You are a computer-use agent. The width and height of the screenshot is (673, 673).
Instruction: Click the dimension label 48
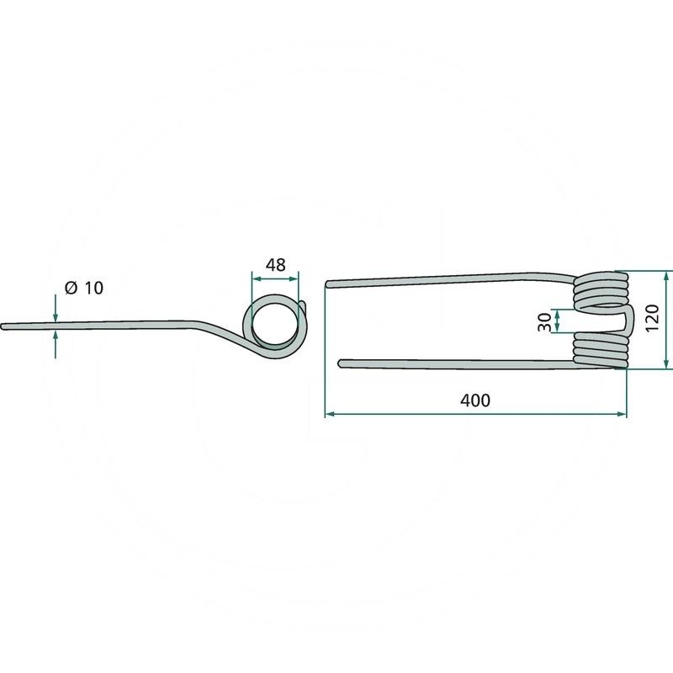(x=275, y=265)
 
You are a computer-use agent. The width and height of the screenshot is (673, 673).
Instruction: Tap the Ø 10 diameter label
(x=84, y=288)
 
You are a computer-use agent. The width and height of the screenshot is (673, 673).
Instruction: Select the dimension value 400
(x=475, y=400)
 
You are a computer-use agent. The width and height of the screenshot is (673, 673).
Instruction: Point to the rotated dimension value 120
(x=651, y=318)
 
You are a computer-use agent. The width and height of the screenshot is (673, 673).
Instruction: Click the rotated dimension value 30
(x=544, y=322)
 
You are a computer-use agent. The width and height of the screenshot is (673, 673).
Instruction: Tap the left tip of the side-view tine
(x=3, y=327)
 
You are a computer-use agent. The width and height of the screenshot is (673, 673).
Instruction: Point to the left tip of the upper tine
(x=328, y=284)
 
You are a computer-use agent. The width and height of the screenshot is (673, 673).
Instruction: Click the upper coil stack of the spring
(x=601, y=289)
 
